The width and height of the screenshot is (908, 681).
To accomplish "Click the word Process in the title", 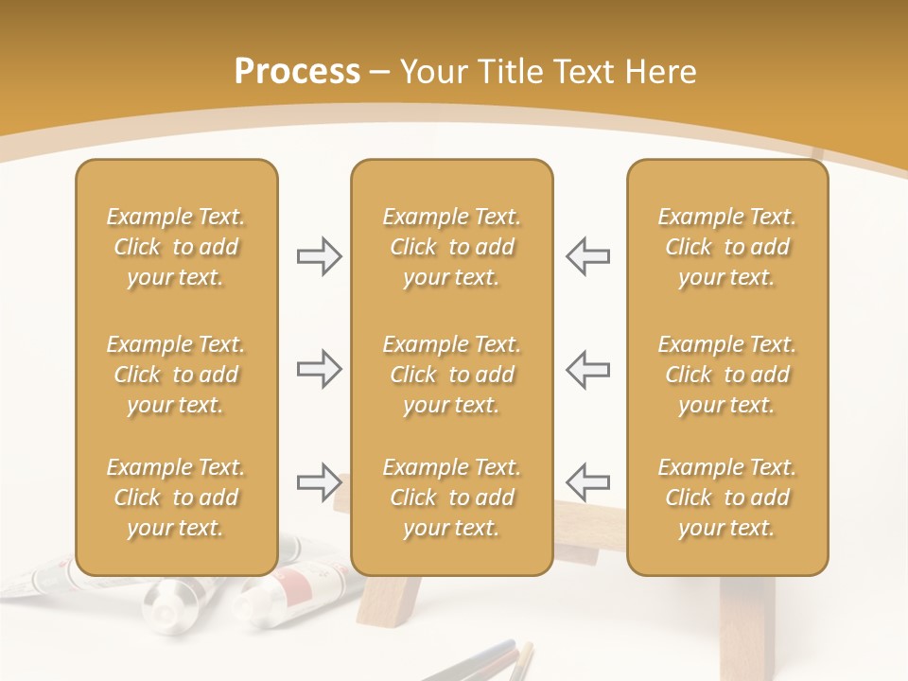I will tap(297, 72).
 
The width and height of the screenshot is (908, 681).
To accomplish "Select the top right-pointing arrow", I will tap(319, 256).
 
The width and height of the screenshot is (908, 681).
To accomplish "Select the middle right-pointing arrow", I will tap(319, 369).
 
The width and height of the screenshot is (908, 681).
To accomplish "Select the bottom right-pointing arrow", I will tap(319, 482).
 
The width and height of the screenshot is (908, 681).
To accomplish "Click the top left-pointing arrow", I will tap(588, 256).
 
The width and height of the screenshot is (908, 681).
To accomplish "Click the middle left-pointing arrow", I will tap(588, 369).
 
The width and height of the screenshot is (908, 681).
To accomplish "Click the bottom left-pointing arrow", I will tap(588, 482).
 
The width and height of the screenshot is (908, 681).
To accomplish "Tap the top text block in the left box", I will tap(176, 247).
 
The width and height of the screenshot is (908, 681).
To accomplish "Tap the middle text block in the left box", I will tap(176, 375).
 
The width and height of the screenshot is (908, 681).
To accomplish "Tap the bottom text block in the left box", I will tap(176, 498).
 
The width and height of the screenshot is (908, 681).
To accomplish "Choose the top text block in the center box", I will tap(451, 247).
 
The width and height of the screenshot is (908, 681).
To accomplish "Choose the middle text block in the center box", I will tap(451, 375).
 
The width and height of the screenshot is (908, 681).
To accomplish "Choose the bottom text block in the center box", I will tap(451, 498).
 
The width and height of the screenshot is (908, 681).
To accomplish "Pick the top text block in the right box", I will tap(726, 247).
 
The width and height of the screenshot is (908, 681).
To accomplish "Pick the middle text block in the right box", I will tap(726, 375).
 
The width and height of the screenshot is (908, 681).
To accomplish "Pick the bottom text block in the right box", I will tap(726, 498).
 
